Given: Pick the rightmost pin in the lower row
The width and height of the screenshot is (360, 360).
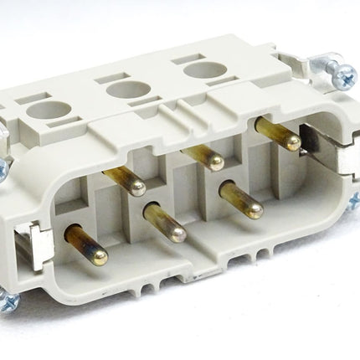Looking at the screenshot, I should pyautogui.click(x=241, y=200).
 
